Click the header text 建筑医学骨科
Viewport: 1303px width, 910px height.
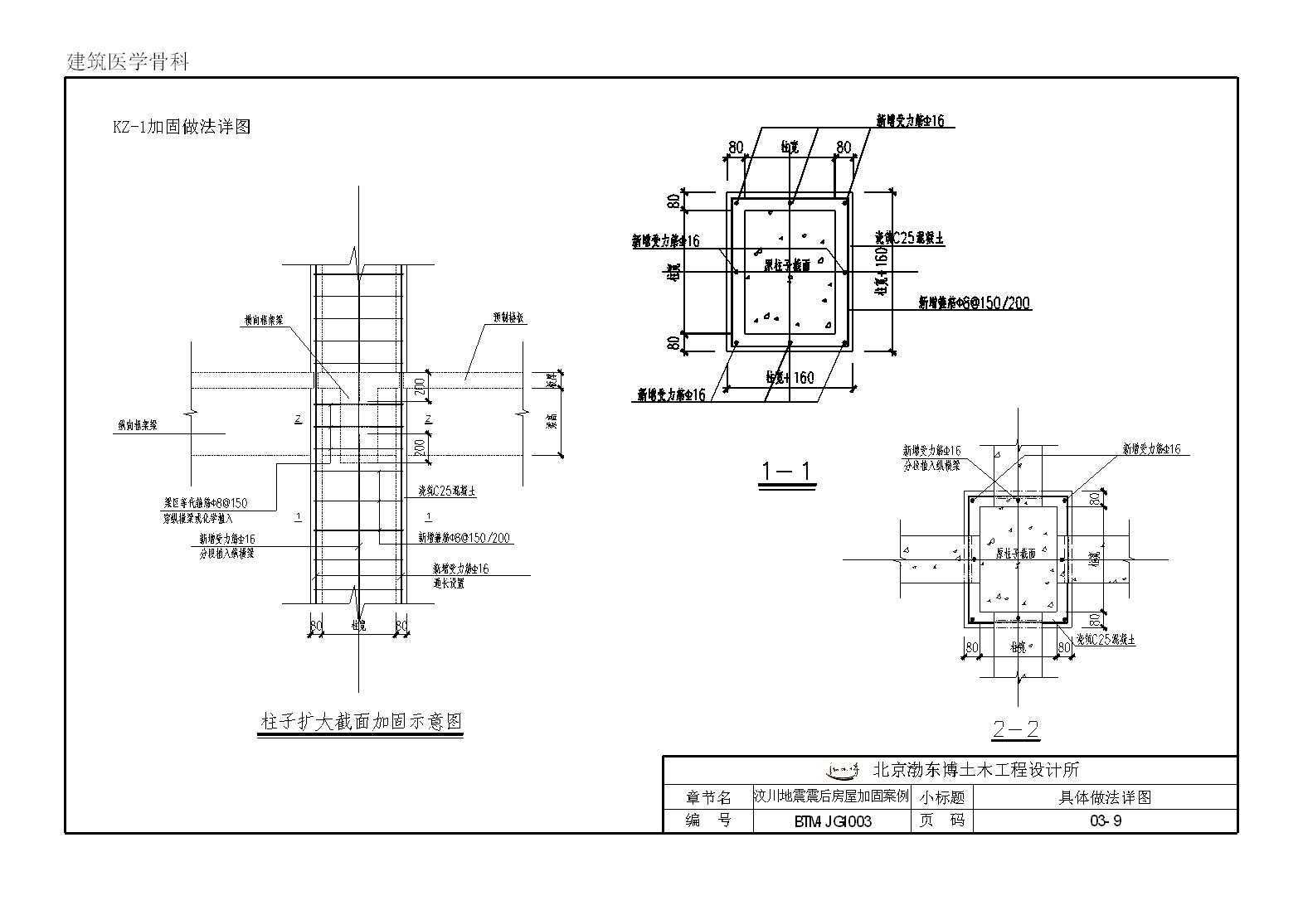(128, 62)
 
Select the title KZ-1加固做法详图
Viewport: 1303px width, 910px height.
(182, 127)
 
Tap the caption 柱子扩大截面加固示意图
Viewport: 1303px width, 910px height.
(361, 722)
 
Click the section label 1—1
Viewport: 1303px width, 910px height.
(788, 472)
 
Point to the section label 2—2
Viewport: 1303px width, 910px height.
(1015, 729)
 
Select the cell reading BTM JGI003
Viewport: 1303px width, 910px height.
(832, 822)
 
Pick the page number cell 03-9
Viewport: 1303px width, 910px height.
(1105, 822)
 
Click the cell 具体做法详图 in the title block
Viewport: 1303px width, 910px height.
(1105, 797)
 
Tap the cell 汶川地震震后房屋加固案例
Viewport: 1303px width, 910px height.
(831, 796)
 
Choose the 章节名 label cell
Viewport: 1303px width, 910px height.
(708, 797)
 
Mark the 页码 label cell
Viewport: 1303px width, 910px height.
(941, 821)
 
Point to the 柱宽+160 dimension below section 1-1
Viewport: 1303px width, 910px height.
(790, 378)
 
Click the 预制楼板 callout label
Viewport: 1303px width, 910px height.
(508, 318)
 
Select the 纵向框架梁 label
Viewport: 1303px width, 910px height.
(137, 426)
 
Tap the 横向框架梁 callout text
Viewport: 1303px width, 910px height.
(264, 319)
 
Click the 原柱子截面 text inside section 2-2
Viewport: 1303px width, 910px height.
(1015, 553)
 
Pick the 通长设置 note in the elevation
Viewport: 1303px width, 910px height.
(448, 583)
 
